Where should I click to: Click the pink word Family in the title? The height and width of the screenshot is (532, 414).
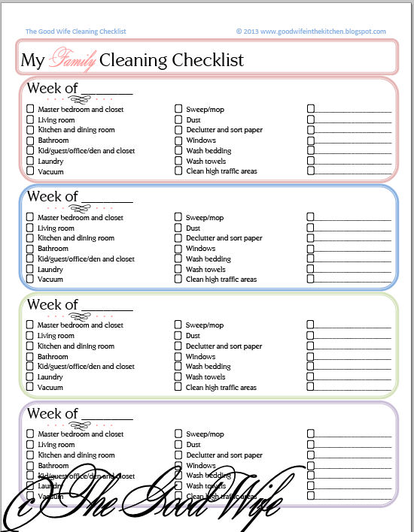[x=72, y=59]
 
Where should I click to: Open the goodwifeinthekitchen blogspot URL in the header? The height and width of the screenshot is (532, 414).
[x=311, y=32]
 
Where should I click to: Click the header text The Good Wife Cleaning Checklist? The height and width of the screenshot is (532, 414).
[x=75, y=32]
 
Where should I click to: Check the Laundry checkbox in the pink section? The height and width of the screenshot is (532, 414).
[x=30, y=161]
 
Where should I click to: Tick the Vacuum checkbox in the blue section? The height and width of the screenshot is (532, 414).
[x=30, y=279]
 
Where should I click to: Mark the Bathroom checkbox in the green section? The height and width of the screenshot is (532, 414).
[x=30, y=356]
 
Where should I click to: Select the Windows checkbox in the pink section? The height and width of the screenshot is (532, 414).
[x=178, y=141]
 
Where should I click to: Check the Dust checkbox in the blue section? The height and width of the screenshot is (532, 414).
[x=178, y=228]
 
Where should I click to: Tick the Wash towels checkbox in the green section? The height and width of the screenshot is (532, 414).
[x=178, y=376]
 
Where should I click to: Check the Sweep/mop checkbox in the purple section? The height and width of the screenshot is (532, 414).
[x=178, y=434]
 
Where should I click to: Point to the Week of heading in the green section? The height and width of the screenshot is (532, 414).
[x=52, y=304]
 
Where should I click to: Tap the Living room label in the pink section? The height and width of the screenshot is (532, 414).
[x=56, y=119]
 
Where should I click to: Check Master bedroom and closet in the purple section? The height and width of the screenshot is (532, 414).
[x=30, y=434]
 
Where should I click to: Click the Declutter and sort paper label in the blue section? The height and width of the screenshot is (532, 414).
[x=224, y=238]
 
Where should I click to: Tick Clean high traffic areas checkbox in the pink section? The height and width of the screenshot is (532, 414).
[x=178, y=171]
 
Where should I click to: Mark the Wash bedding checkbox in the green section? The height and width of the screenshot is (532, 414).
[x=178, y=367]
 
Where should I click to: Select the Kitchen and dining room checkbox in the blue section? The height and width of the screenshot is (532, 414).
[x=30, y=238]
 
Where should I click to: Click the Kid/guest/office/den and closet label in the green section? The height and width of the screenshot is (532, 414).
[x=86, y=367]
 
